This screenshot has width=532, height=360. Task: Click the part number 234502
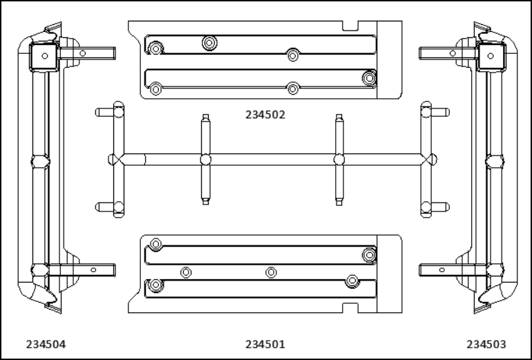[x=265, y=115]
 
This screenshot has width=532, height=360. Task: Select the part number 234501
[x=265, y=345]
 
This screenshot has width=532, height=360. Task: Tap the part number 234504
[x=46, y=345]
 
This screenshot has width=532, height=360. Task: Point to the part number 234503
[x=486, y=345]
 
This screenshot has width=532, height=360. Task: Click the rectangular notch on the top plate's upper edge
[x=350, y=26]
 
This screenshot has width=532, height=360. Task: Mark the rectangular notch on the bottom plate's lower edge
[x=350, y=307]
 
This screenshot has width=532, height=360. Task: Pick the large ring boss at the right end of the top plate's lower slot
[x=369, y=78]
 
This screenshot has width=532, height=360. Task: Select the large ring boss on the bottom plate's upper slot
[x=369, y=255]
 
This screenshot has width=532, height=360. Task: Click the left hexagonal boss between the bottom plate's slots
[x=186, y=272]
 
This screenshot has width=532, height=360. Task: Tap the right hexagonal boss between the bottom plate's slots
[x=271, y=272]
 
